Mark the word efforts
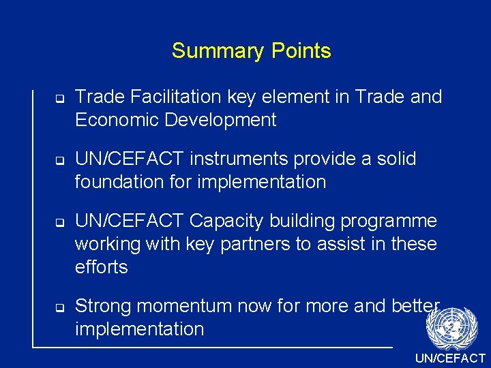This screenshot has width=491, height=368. (x=102, y=266)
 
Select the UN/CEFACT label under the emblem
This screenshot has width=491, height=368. (x=451, y=358)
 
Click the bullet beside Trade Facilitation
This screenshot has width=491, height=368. (x=59, y=99)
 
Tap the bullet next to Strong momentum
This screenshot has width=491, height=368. (x=59, y=307)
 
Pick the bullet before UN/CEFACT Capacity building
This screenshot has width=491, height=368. (x=59, y=223)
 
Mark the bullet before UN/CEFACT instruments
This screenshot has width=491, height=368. (x=59, y=161)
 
